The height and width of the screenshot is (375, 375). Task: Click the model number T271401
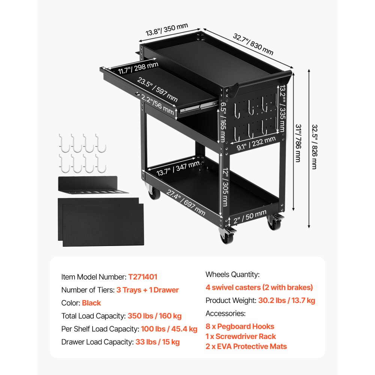click(x=142, y=277)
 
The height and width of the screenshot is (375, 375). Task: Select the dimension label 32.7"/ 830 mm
click(x=253, y=44)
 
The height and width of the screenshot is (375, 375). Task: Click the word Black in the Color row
click(x=91, y=303)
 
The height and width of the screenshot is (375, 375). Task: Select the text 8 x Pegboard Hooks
click(x=240, y=327)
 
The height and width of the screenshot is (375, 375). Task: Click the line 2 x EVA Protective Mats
click(x=246, y=346)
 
